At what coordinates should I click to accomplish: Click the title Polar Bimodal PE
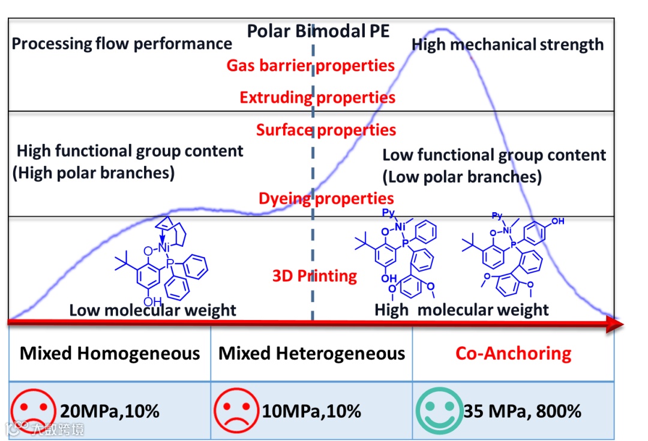pos(318,31)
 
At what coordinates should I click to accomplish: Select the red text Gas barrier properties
pos(310,65)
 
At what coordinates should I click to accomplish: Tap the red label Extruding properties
pos(317,97)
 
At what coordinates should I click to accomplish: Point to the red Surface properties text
pos(326,130)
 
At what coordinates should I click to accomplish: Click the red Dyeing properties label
pos(326,198)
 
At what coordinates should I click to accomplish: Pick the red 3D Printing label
pos(314,276)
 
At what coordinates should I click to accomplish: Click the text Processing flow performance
pos(122,44)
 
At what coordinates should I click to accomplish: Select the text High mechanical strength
pos(508,44)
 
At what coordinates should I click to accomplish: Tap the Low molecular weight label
pos(152,310)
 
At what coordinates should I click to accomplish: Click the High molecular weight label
pos(461,310)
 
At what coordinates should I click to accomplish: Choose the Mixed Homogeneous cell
pos(110,353)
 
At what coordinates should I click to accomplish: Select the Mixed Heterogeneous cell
pos(311,353)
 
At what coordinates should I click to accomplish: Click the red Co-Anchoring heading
pos(513,353)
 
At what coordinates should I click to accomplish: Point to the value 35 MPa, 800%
pos(522,412)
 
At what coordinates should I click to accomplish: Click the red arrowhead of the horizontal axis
pos(614,324)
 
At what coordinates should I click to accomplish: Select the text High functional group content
pos(130,151)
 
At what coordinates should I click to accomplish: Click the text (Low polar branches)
pos(462,177)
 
